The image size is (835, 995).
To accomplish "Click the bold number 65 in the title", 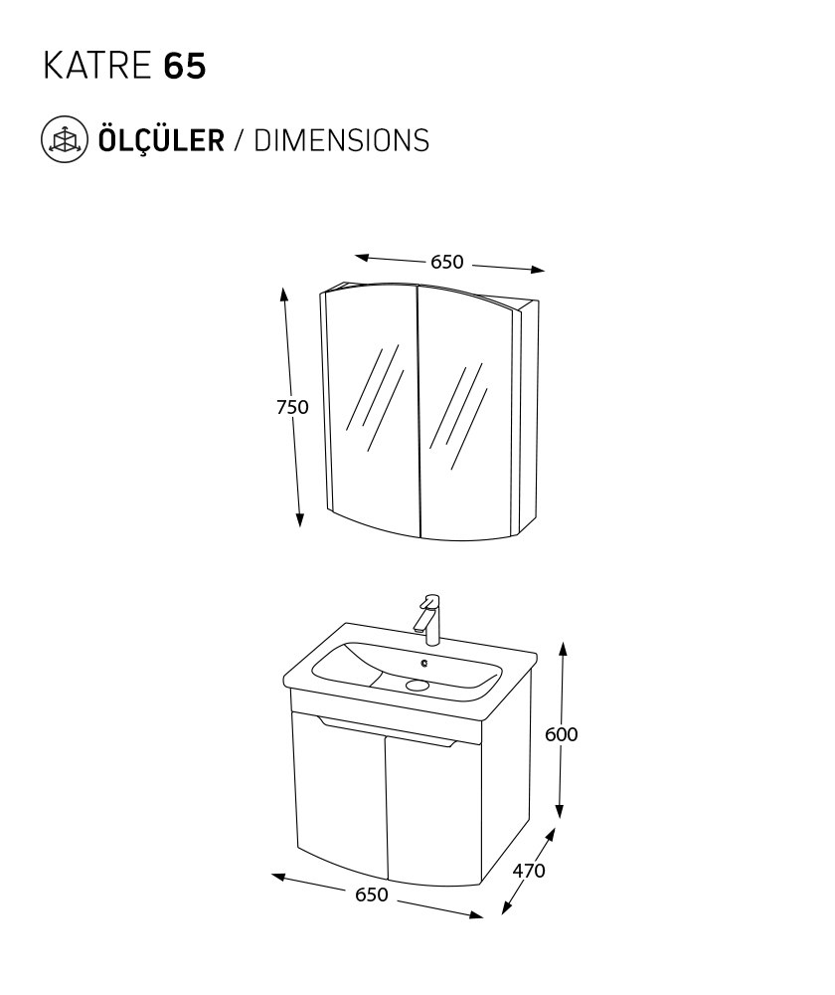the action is coord(185,66).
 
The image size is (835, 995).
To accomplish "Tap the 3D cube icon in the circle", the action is coord(65,139).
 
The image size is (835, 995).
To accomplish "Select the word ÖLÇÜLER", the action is coord(161,139).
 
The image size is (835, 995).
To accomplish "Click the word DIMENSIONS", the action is coord(342,140).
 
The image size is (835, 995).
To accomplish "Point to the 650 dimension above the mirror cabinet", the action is coord(447,262).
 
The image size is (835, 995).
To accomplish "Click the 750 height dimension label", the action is coord(292,407).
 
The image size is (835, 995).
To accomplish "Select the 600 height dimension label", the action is coord(561,734).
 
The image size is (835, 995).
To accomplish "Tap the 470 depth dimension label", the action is coord(529,871).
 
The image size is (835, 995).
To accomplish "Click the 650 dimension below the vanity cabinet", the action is coord(372,895).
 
